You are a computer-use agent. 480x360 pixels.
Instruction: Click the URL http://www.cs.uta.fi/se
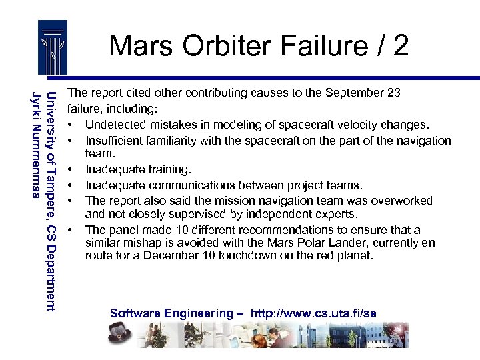[x=313, y=313]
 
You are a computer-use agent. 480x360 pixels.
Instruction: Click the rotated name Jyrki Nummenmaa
[x=37, y=143]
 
